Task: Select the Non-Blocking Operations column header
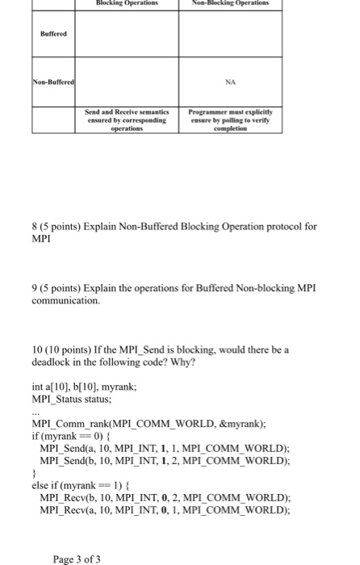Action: pyautogui.click(x=229, y=4)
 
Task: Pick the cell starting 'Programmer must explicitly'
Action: pyautogui.click(x=229, y=120)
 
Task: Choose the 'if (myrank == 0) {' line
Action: pyautogui.click(x=70, y=436)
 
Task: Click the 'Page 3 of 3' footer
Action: pyautogui.click(x=78, y=558)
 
